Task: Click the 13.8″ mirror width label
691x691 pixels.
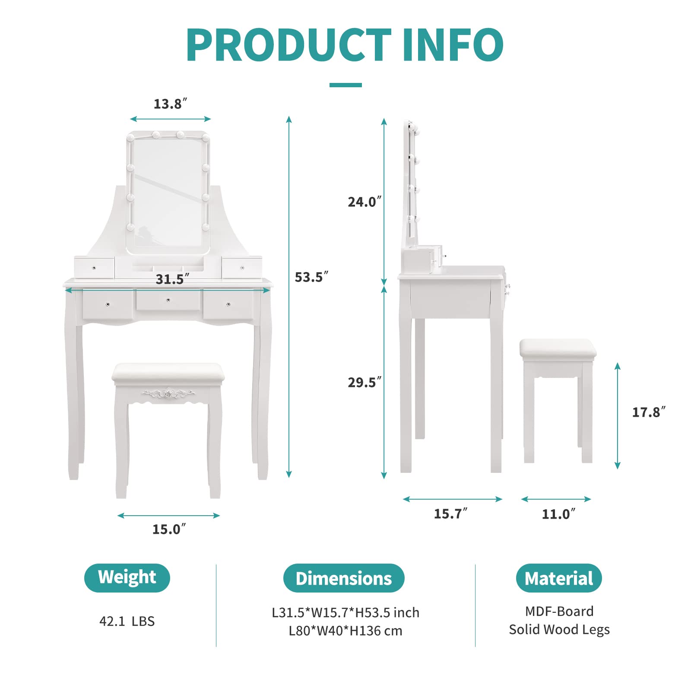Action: pos(170,104)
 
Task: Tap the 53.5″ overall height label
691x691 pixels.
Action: pos(311,277)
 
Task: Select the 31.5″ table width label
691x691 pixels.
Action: pos(172,279)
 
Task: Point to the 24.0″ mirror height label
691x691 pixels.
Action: pos(365,202)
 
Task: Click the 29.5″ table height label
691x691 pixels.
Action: pos(365,382)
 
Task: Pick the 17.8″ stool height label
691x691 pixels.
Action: pos(649,412)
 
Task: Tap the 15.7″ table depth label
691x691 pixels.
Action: pos(450,513)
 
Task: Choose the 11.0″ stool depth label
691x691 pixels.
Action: pos(558,514)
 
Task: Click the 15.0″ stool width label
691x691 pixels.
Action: pos(169,529)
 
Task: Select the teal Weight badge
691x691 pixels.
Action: pos(127,578)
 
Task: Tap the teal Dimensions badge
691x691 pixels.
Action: pos(344,578)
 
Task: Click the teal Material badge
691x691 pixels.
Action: pos(559,578)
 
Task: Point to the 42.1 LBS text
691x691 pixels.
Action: pos(127,621)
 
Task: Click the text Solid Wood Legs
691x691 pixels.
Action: pos(559,630)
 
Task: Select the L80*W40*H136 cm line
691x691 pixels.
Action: pos(345,631)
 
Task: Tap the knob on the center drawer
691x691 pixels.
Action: pos(168,300)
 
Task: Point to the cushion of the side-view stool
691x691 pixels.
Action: pos(558,349)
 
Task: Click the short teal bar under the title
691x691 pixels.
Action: pos(345,85)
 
